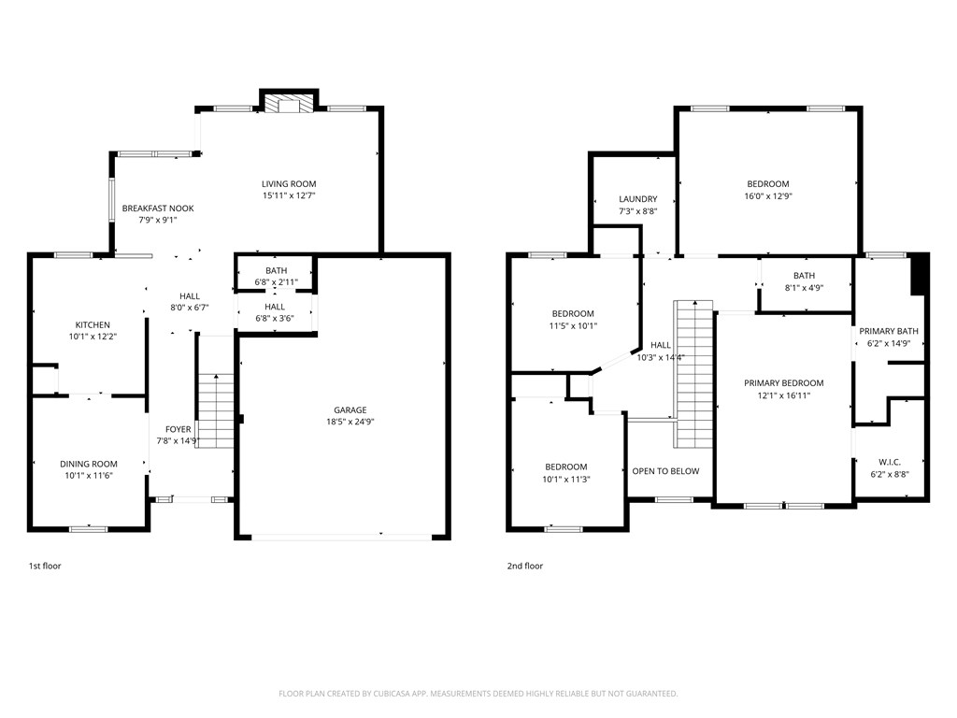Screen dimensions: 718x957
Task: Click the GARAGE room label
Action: tap(350, 409)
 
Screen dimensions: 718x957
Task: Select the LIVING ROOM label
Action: tap(289, 184)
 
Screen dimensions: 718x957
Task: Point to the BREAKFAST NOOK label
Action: tap(158, 208)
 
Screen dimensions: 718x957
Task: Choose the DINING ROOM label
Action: tap(89, 464)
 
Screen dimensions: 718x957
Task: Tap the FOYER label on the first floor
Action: tap(179, 429)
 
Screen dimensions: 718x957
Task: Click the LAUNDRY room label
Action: tap(638, 199)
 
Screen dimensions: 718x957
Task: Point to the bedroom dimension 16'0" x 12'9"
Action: tap(768, 196)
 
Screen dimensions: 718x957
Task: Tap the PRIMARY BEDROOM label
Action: tap(783, 383)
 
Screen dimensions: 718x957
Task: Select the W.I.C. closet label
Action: tap(889, 462)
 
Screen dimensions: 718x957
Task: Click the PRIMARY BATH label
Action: tap(889, 331)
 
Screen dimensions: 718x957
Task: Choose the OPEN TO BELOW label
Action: tap(665, 471)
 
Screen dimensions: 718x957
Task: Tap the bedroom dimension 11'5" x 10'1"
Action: tap(573, 326)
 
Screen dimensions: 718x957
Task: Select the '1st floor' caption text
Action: tap(45, 566)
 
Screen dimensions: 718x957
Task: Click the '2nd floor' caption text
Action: tap(524, 566)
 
